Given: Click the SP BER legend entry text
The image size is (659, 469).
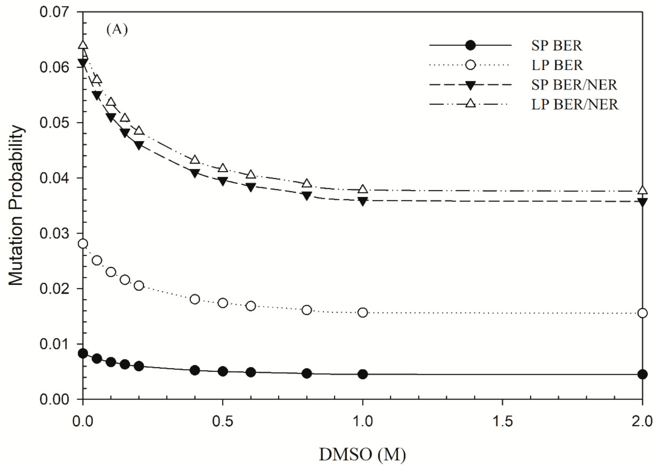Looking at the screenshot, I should [556, 46].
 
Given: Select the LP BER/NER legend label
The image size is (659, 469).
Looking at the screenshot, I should [575, 105].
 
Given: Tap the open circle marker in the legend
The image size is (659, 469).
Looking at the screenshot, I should [471, 65].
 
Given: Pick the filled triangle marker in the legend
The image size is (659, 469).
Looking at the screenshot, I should [471, 85].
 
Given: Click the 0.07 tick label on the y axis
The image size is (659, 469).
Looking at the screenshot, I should [55, 12].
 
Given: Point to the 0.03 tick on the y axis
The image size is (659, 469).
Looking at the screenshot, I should [55, 233].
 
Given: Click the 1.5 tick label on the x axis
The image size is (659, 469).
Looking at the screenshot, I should [502, 421].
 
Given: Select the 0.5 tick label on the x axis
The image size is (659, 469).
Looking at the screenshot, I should [223, 421].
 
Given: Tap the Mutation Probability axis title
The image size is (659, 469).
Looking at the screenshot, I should [16, 206].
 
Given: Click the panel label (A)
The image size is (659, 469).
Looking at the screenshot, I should [117, 29].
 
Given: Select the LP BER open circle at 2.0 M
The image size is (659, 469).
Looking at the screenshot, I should [642, 313].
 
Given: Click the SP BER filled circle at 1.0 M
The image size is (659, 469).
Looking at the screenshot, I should [362, 374].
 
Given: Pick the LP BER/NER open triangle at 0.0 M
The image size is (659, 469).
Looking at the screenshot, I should [83, 45].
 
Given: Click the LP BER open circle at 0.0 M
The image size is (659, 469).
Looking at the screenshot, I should [83, 244].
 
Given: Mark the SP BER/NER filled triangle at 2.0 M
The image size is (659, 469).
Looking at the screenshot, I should [642, 202].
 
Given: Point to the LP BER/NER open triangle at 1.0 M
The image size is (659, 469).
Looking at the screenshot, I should [362, 190].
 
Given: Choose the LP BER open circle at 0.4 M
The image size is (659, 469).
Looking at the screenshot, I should [195, 299].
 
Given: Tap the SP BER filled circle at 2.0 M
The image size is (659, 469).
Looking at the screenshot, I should [642, 374].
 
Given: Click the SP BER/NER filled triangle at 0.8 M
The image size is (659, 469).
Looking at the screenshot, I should [307, 196].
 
